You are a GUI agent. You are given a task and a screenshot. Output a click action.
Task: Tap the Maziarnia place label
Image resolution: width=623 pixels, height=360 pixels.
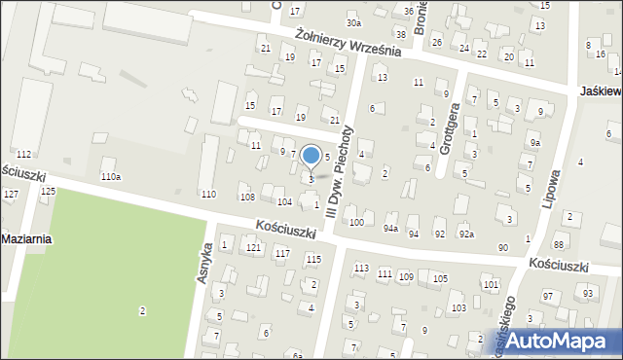tap(26, 238)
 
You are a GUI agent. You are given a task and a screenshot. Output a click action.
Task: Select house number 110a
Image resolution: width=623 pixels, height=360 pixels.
tap(111, 176)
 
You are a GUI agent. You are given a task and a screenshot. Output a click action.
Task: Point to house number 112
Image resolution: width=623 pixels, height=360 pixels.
tap(23, 155)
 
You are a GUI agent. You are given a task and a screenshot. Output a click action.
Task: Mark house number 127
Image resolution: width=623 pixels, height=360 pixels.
tap(11, 195)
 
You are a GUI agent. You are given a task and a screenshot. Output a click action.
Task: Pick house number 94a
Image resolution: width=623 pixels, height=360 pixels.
tap(390, 228)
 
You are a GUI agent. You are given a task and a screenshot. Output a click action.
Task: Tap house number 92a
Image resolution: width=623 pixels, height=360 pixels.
tap(467, 234)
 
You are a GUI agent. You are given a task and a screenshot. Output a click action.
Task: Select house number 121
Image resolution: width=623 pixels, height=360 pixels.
tap(253, 248)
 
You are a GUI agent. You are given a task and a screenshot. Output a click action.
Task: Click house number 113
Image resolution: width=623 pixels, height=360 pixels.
tap(361, 268)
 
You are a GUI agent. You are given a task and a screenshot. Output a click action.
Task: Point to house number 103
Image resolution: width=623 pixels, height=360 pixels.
tap(458, 307)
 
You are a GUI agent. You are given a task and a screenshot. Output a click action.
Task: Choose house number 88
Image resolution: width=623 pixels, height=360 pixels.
tap(559, 243)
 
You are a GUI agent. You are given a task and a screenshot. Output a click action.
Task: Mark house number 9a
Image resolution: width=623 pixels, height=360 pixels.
tap(534, 143)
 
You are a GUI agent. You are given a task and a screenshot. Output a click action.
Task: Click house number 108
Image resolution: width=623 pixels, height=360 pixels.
tap(247, 197)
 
